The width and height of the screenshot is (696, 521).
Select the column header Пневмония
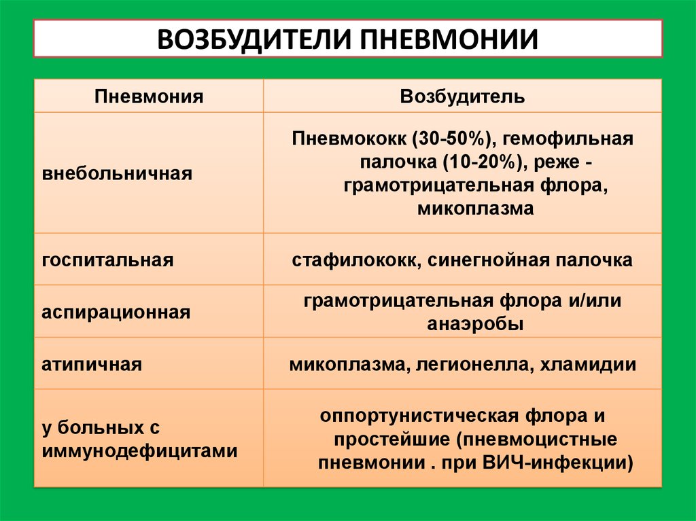[149, 96]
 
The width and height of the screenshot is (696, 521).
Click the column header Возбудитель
[462, 96]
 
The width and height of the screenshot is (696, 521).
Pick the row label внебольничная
[117, 173]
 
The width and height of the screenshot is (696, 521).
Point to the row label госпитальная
[107, 260]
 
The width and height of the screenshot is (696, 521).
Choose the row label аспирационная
[116, 312]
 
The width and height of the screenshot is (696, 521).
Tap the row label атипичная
[92, 364]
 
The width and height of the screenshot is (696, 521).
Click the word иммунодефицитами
[140, 451]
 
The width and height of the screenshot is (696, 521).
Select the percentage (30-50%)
[451, 139]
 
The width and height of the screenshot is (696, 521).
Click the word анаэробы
[475, 324]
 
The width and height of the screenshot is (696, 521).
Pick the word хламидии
[588, 365]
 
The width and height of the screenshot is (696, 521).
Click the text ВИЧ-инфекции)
[557, 463]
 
